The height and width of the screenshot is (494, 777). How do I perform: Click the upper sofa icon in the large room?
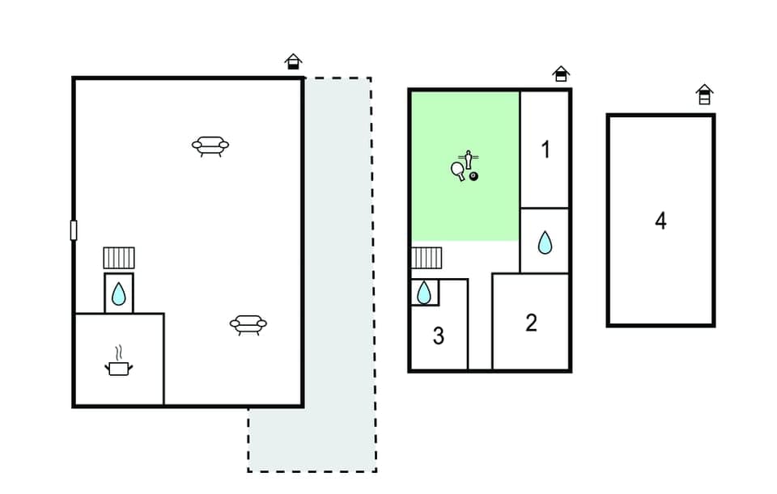[210, 146]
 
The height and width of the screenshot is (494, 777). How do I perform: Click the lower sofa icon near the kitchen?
[248, 325]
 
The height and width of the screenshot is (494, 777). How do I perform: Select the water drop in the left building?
[119, 293]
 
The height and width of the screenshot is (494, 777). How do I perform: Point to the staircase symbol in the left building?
[119, 258]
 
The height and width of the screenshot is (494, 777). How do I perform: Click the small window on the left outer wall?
[74, 230]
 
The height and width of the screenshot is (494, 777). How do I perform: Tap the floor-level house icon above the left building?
[293, 61]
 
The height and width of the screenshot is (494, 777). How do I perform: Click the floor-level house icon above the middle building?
[561, 74]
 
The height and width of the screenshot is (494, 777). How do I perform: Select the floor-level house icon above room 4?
[704, 95]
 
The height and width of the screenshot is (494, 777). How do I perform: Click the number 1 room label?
[546, 150]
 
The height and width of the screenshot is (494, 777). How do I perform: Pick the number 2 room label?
[531, 323]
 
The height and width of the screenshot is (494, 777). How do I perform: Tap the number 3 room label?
[438, 336]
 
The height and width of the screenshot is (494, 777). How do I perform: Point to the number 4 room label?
[660, 221]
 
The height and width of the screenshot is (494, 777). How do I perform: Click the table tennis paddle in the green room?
[458, 170]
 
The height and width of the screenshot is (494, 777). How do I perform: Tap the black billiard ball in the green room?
[473, 175]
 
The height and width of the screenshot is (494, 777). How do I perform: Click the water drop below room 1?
[545, 242]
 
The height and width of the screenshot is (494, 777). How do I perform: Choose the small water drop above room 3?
[424, 293]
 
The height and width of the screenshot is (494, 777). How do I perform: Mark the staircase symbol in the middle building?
[427, 258]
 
